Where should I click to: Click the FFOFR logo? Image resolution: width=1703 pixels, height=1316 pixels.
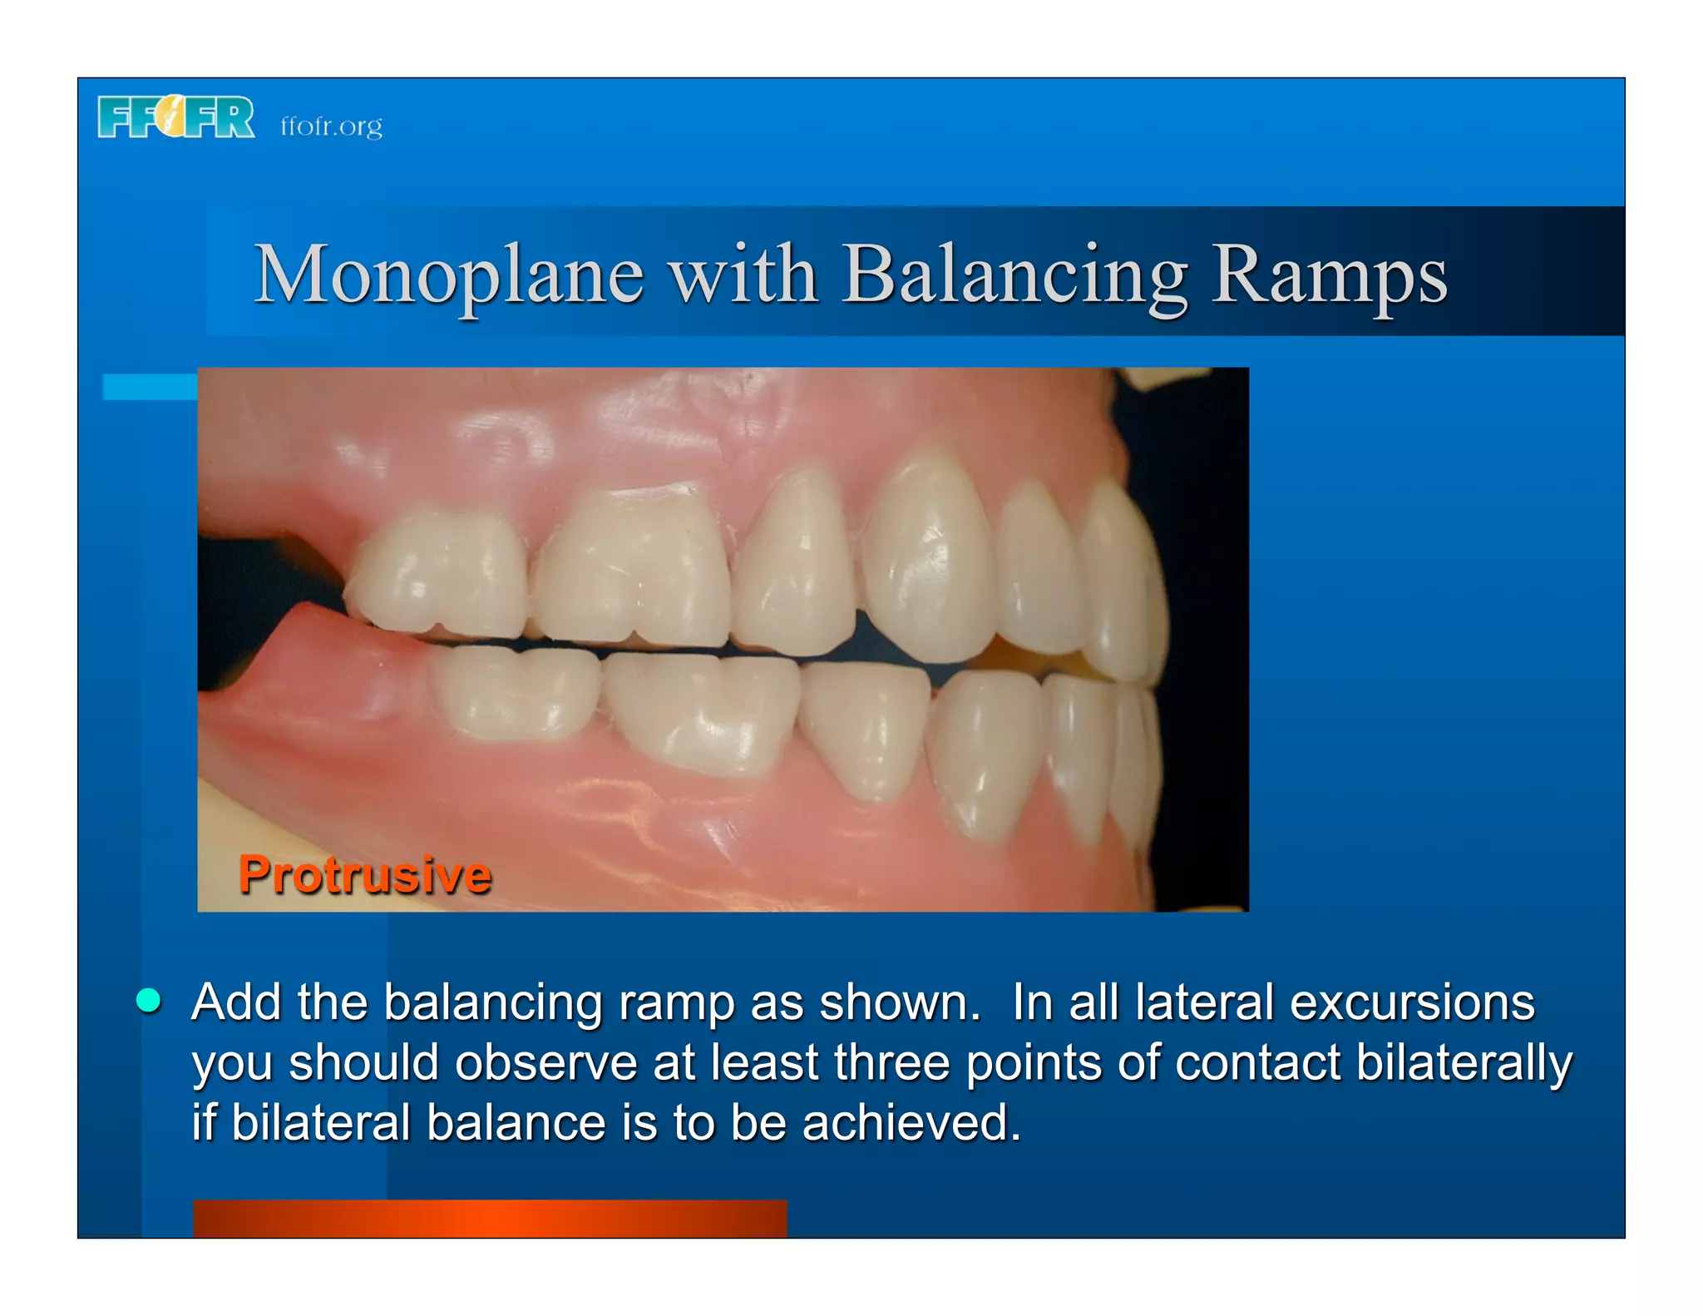tap(175, 117)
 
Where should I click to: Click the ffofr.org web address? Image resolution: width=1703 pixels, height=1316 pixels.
tap(331, 126)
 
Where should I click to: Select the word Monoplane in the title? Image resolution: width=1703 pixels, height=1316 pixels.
tap(448, 275)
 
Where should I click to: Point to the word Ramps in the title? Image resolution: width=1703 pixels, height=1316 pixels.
tap(1329, 275)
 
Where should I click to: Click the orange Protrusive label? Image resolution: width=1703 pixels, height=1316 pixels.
tap(364, 875)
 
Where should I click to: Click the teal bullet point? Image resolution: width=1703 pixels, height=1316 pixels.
tap(149, 1001)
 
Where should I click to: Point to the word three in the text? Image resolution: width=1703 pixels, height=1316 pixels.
tap(891, 1062)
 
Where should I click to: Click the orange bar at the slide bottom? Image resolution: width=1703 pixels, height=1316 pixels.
tap(489, 1218)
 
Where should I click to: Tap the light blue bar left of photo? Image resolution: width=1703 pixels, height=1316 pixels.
tap(150, 387)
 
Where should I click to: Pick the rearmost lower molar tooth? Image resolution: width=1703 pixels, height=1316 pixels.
tap(516, 692)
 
